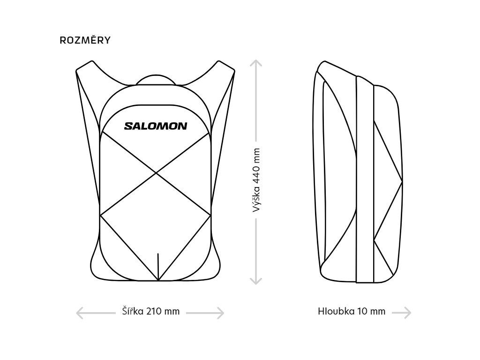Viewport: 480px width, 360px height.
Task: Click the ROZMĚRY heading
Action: pyautogui.click(x=85, y=40)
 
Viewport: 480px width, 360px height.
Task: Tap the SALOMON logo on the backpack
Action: pyautogui.click(x=155, y=126)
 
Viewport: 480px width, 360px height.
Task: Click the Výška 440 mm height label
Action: pyautogui.click(x=256, y=180)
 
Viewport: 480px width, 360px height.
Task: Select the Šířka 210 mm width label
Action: pyautogui.click(x=150, y=311)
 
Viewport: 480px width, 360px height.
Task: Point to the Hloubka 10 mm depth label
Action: pyautogui.click(x=352, y=311)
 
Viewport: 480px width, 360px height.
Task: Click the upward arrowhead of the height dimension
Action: pyautogui.click(x=255, y=62)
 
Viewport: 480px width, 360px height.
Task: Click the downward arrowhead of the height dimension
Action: pyautogui.click(x=255, y=281)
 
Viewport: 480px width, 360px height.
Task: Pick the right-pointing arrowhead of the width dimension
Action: pyautogui.click(x=221, y=312)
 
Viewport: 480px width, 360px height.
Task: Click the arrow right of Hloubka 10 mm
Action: pyautogui.click(x=402, y=312)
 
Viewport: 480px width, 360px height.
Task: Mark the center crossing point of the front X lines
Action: pyautogui.click(x=156, y=173)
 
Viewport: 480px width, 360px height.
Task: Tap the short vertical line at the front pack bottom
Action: pyautogui.click(x=158, y=265)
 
